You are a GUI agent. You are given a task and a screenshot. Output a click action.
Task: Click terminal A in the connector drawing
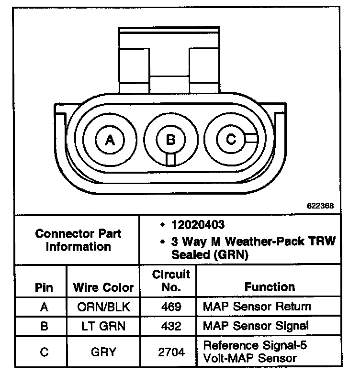click(110, 140)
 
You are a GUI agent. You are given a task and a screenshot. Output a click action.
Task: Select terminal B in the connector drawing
click(170, 140)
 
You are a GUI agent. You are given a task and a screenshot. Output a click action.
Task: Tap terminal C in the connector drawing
click(231, 139)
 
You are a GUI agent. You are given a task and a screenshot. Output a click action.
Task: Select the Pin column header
click(44, 287)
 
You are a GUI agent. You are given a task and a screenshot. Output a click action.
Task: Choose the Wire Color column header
click(103, 287)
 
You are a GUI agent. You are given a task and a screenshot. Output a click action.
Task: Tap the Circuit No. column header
click(171, 281)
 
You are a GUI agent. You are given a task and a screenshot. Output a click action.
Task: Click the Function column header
click(270, 287)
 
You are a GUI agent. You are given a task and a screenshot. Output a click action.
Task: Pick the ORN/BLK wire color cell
click(103, 307)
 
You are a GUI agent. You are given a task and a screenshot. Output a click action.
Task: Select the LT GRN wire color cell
click(103, 327)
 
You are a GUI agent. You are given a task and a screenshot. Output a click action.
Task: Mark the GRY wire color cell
click(103, 352)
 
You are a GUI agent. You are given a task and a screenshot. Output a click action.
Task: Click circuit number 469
click(171, 307)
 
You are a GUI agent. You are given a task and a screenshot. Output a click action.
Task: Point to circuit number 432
click(171, 327)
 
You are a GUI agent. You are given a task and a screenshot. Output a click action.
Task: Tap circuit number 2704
click(171, 352)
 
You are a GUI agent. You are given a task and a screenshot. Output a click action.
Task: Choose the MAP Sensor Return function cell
click(257, 307)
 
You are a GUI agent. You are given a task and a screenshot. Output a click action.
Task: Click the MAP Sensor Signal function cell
click(256, 326)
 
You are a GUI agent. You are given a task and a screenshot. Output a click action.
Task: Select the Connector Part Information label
click(78, 240)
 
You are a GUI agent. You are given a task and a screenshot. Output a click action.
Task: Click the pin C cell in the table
click(44, 352)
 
